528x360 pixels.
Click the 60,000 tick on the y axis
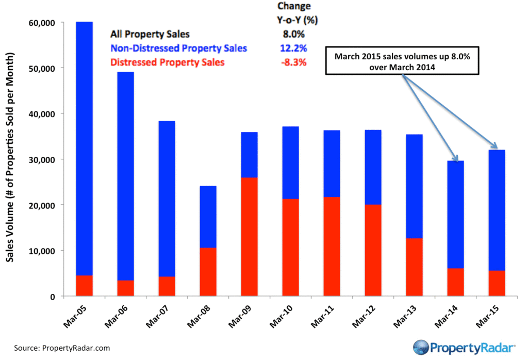(42, 23)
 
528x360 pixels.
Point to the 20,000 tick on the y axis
(42, 205)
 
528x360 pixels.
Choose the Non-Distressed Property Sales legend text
(179, 48)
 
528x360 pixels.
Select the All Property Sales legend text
(150, 35)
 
